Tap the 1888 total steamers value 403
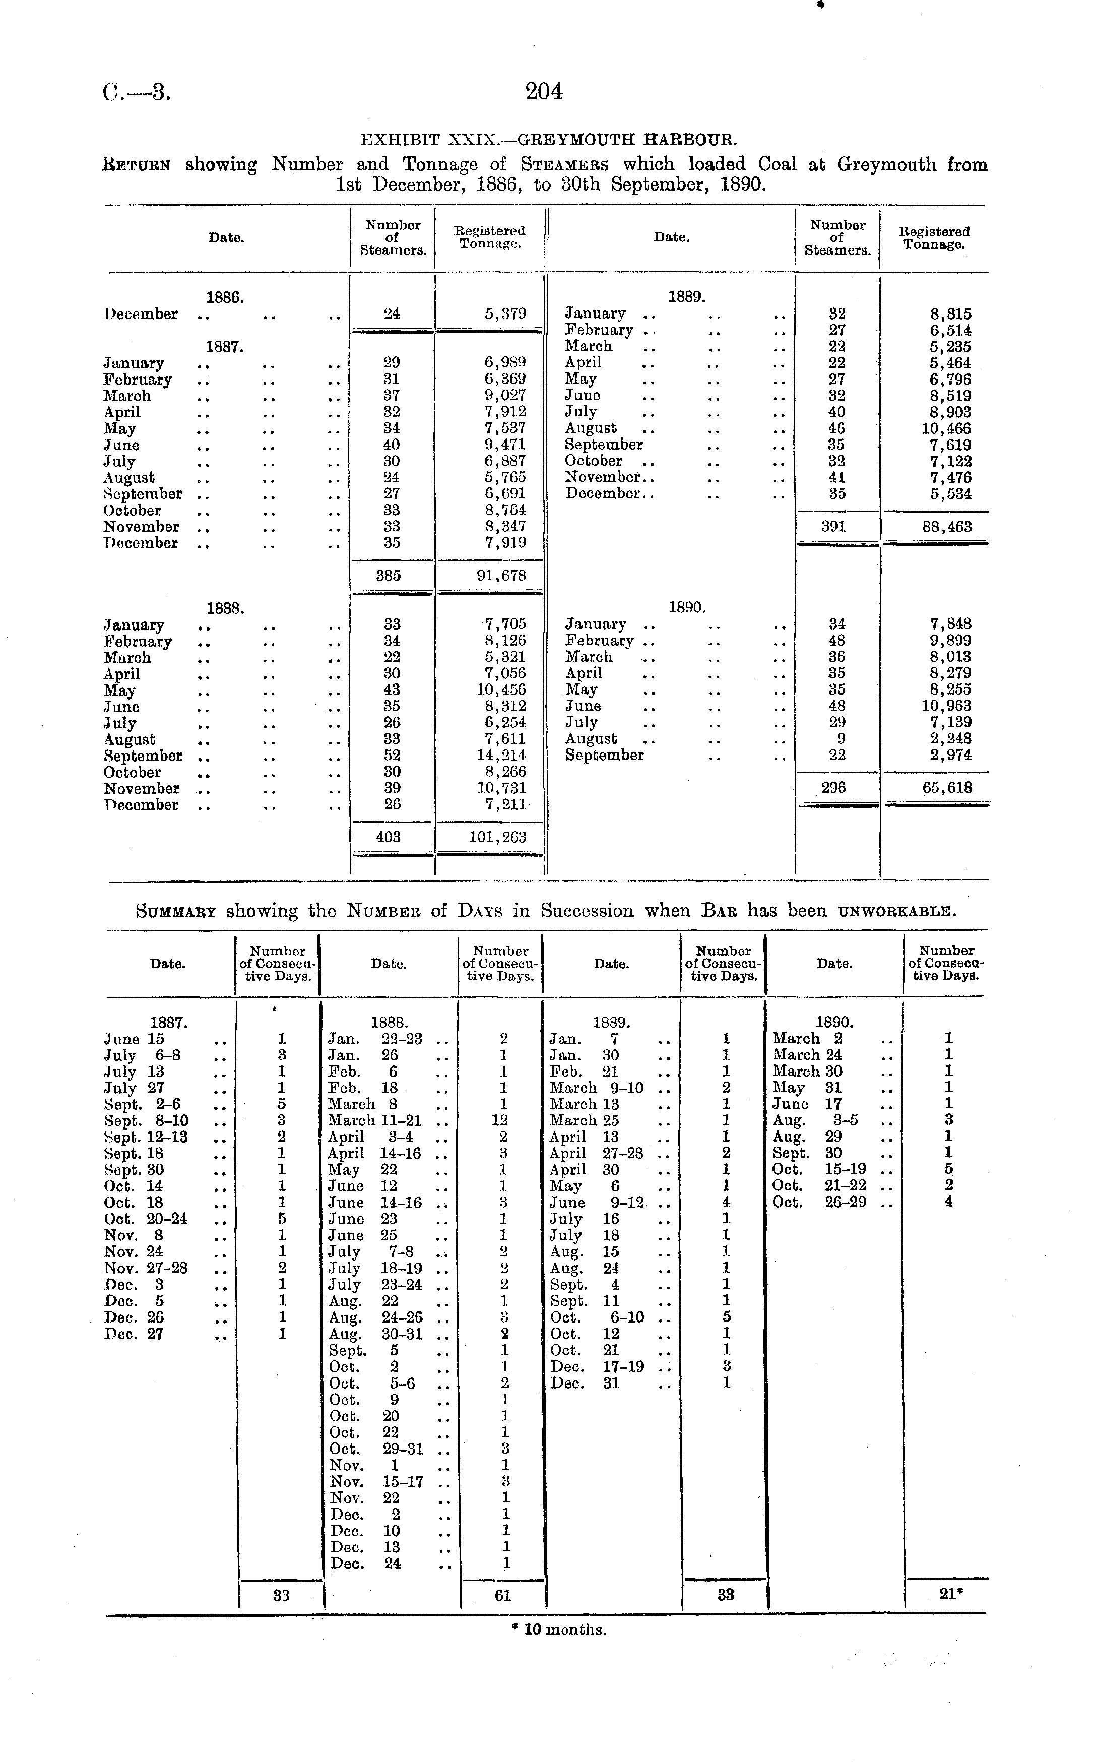pos(389,837)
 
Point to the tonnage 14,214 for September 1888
pos(501,756)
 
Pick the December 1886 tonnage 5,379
pos(505,313)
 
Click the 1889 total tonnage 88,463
pos(946,527)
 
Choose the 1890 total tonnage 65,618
pos(946,788)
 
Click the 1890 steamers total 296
pos(833,788)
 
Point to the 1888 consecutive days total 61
pos(502,1594)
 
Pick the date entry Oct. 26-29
pos(819,1202)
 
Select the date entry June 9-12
pos(598,1202)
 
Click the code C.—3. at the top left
pos(136,92)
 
